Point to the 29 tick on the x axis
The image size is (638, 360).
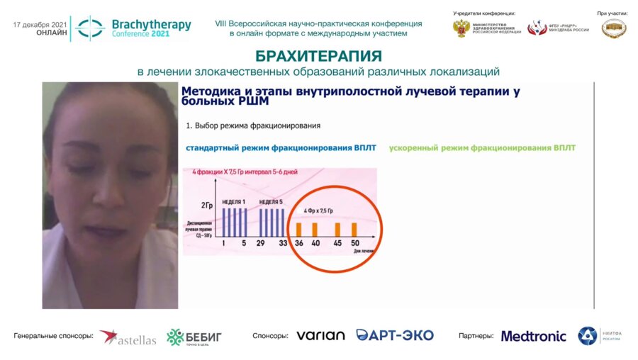262,243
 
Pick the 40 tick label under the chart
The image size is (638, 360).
316,243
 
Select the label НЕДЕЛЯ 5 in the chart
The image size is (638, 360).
272,202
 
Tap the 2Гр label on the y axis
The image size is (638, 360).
207,206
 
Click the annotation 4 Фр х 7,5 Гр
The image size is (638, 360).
324,210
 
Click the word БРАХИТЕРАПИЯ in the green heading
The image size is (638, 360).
318,57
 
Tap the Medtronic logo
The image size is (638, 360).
534,336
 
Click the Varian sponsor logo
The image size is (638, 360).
320,335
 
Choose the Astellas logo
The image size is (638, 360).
128,337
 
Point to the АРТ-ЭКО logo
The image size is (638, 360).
395,335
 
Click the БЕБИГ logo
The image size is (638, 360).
194,337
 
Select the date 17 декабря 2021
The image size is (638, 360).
40,24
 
